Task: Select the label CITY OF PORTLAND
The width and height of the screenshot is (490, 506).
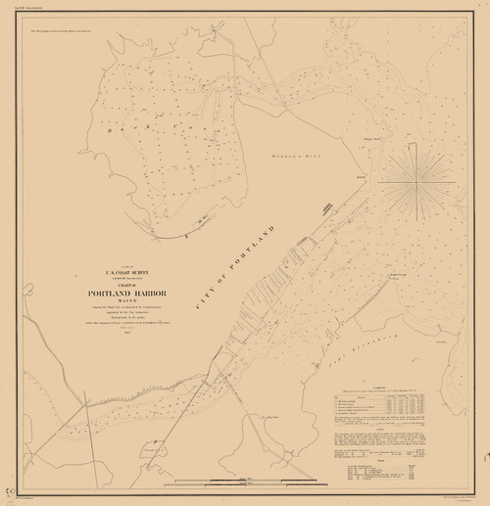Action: pyautogui.click(x=235, y=264)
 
